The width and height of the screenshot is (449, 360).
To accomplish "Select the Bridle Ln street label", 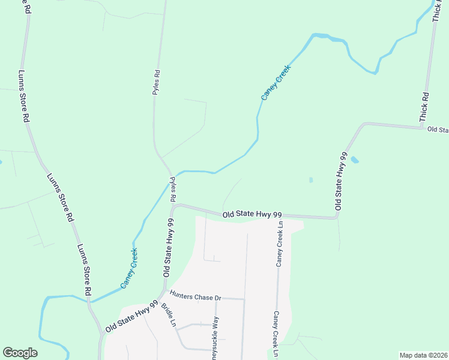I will (x=168, y=315).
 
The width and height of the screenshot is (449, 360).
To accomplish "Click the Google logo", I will (x=20, y=353).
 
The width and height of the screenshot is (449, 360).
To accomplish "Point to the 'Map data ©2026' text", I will (x=423, y=355).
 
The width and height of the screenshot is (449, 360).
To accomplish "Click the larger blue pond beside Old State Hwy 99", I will (x=355, y=160).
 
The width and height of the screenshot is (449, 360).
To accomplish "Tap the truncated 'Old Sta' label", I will (x=438, y=130).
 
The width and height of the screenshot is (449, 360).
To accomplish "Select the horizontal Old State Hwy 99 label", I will (x=252, y=214).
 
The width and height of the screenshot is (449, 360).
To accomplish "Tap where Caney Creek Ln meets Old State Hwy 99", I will (x=279, y=216).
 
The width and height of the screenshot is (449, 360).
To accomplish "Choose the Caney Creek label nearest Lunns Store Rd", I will (x=129, y=268).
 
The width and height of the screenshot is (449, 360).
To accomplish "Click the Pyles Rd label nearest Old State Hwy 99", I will (x=172, y=189).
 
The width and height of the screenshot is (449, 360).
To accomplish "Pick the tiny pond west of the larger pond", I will (x=310, y=179).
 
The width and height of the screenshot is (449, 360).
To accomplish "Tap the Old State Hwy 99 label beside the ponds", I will (x=341, y=180).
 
